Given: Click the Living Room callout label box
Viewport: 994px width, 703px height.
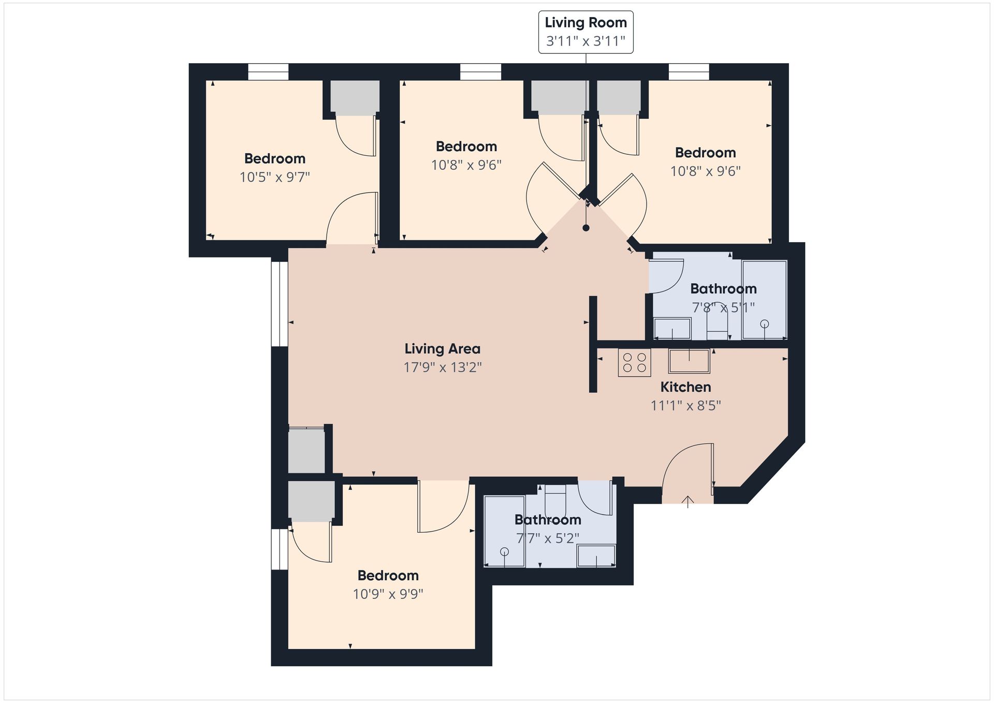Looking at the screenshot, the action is point(586,32).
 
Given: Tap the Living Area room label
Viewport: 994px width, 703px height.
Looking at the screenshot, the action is point(442,349).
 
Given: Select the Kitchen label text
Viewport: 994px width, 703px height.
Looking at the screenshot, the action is point(685,387).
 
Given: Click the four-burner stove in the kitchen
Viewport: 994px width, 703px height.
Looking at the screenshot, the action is point(634,362).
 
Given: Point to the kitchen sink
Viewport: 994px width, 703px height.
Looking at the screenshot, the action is point(689,361).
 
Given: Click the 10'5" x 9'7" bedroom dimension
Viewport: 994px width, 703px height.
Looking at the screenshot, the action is point(274,177).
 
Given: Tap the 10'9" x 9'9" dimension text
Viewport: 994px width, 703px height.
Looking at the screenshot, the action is point(388,594).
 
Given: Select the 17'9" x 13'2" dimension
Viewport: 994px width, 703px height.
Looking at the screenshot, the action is point(443,368).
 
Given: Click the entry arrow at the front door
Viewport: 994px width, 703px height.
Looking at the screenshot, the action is point(688,502).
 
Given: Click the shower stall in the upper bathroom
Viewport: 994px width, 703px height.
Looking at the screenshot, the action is point(764,300).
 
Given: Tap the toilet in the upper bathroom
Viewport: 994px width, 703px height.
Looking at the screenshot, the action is point(717,328).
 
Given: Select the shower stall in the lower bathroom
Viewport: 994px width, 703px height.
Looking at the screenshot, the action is point(504,531).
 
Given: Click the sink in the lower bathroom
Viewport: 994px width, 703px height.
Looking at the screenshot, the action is point(596,555).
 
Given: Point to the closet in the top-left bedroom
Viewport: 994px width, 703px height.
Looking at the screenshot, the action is point(355,98).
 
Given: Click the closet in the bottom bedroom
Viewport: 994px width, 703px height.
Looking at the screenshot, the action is point(311,501).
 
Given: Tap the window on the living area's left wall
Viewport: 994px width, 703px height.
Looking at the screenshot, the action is point(280,304).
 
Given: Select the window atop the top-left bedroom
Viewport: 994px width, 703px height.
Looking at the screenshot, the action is point(268,72).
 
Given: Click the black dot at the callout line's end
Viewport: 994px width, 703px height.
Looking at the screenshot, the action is point(586,228).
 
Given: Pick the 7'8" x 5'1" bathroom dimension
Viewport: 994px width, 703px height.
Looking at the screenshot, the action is point(723,307).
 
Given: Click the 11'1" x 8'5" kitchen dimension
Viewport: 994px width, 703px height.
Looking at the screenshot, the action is point(685,405).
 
